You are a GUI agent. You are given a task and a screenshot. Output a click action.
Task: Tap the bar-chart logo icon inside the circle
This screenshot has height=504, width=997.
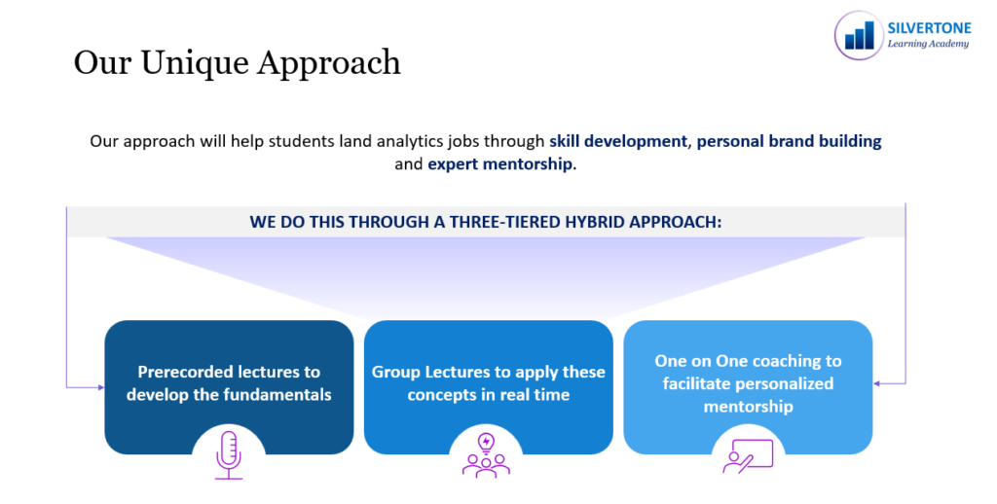pos(859,36)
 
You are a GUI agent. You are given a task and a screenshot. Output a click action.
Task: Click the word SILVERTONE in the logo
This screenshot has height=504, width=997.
pos(929,28)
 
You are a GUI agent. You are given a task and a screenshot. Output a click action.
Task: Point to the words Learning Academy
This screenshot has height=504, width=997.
pos(928,44)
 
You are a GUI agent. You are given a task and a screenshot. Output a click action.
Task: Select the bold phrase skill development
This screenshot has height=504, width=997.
pos(618,141)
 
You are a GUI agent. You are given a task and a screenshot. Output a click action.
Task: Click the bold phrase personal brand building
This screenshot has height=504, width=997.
pos(789,141)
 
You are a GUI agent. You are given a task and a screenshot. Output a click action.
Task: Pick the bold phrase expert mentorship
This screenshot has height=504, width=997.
pos(499,164)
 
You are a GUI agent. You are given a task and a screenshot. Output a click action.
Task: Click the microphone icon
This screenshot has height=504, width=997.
pos(229,454)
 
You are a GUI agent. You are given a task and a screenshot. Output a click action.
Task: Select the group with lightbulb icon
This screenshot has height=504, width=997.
pos(486,455)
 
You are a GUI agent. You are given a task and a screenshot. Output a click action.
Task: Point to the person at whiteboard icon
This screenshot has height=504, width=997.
pos(748,456)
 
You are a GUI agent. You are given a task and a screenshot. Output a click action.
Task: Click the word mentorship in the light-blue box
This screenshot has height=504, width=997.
pos(749,407)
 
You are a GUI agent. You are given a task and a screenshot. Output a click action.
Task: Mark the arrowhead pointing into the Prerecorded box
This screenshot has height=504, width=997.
pos(100,387)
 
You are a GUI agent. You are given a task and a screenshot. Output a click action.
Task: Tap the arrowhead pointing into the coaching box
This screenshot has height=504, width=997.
pos(877,384)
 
